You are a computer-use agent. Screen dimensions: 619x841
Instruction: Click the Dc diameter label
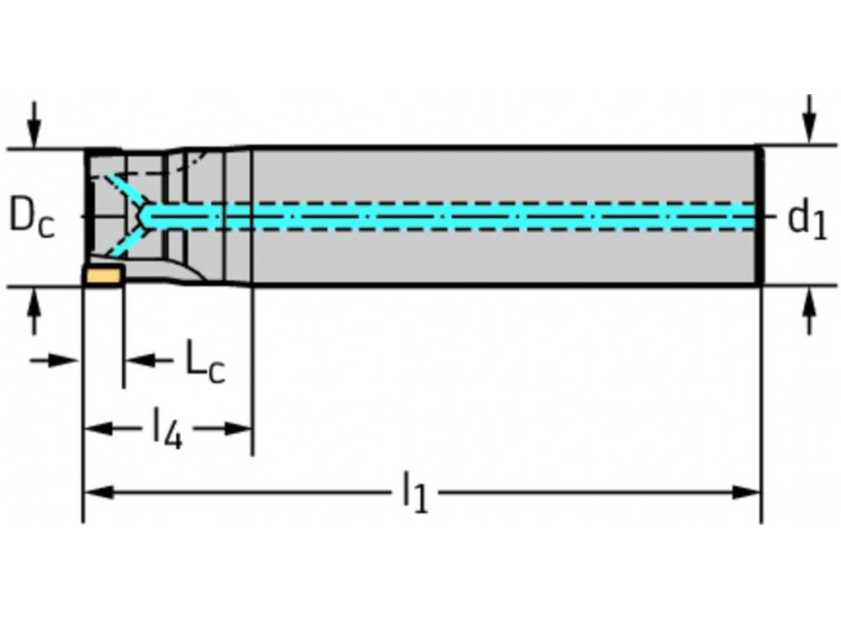tap(31, 216)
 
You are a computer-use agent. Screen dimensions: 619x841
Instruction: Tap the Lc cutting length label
tap(205, 362)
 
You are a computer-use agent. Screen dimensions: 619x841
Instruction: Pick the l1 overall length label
tap(415, 492)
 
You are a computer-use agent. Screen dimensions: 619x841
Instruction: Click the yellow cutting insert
tap(103, 275)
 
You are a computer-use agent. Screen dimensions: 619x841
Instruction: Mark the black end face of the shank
tap(759, 216)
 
